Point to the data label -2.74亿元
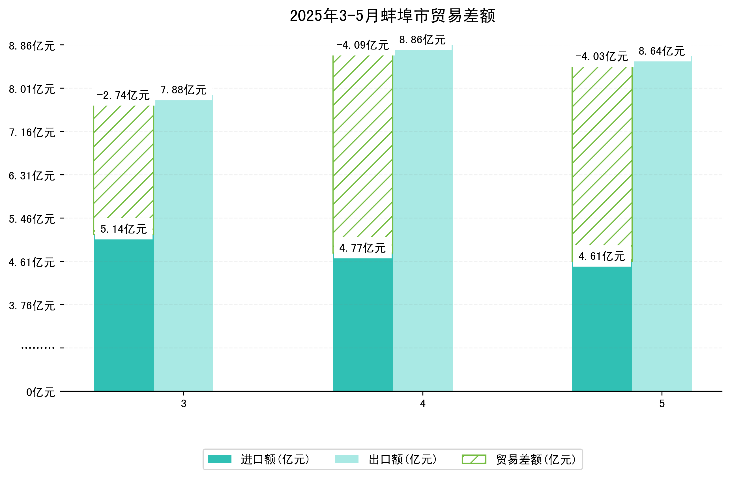123,95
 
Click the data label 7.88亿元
183,90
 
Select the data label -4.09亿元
362,45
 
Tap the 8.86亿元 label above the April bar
422,40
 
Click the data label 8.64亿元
662,51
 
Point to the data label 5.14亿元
124,229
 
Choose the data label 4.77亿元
362,248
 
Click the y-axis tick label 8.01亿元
32,89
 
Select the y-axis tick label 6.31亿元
32,176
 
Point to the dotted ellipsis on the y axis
38,348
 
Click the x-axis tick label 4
423,404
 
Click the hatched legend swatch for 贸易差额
474,459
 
